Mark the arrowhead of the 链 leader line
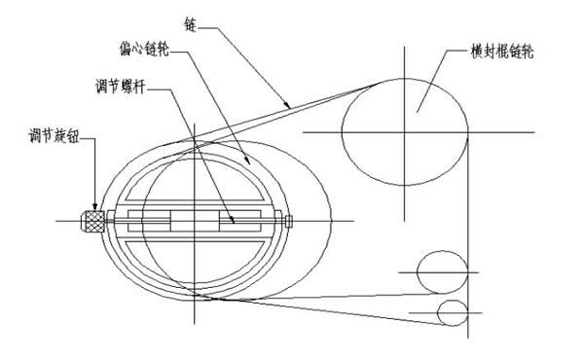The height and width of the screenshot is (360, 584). point(288,103)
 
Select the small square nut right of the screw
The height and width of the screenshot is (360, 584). point(288,221)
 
